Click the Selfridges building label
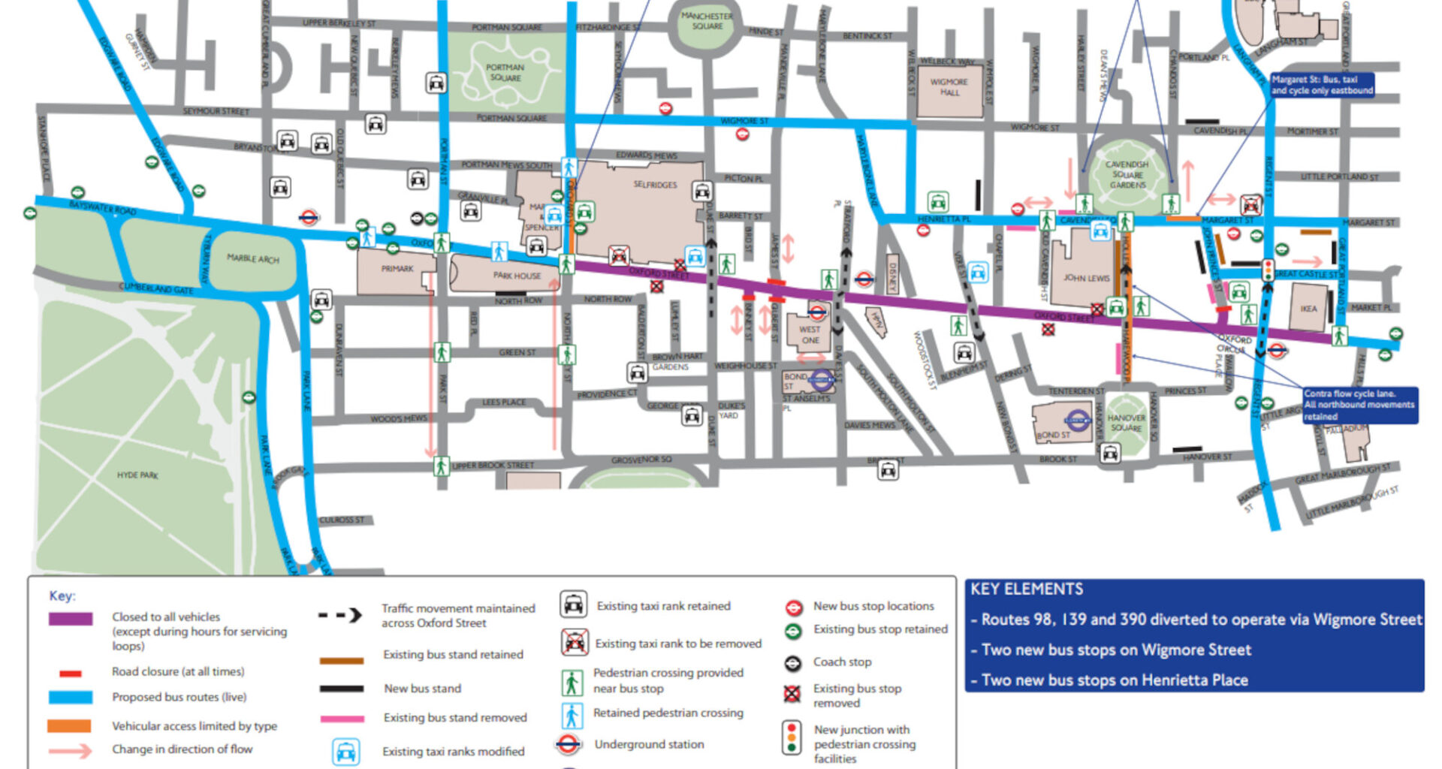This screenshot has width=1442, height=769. click(655, 185)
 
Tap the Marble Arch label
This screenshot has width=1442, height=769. click(253, 258)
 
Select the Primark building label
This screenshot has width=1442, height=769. click(397, 268)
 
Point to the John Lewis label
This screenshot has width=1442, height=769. click(1086, 278)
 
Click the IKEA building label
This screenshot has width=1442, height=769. click(1308, 309)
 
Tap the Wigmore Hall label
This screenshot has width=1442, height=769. click(949, 87)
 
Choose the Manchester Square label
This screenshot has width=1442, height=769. click(707, 21)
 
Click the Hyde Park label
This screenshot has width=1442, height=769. click(137, 475)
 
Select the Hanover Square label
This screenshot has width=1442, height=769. click(1127, 423)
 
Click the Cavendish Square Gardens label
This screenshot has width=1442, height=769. click(1127, 174)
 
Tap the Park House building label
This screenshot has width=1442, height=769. click(517, 276)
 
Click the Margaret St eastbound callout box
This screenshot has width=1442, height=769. click(1322, 85)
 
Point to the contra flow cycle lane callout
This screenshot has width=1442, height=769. click(1359, 405)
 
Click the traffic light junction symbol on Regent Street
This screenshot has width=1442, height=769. click(1269, 270)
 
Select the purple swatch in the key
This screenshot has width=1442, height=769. click(71, 619)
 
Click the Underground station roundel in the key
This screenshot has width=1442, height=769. click(569, 744)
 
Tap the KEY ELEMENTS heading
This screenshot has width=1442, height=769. click(1026, 590)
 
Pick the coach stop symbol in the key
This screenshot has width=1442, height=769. click(793, 663)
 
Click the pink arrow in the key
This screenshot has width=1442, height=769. click(70, 750)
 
